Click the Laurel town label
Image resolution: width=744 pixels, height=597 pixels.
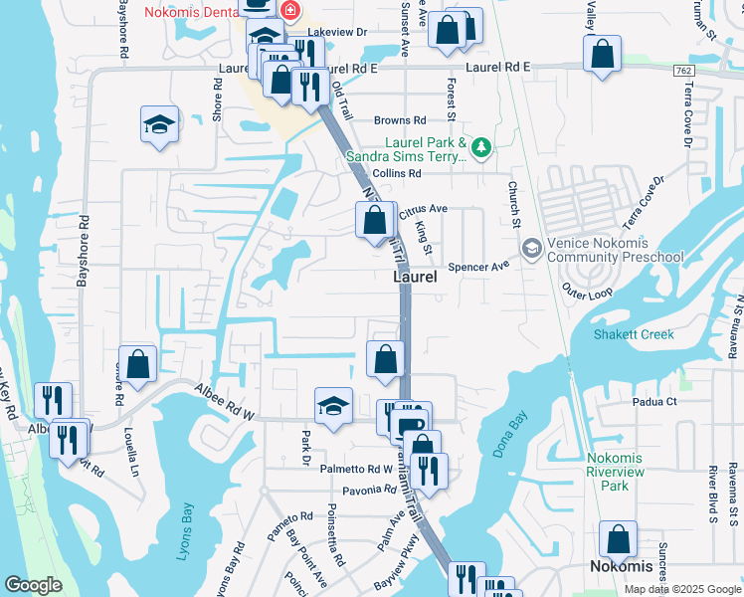pyautogui.click(x=414, y=278)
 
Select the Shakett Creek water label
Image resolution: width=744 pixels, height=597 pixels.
pyautogui.click(x=634, y=335)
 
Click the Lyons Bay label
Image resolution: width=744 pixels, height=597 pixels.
pyautogui.click(x=184, y=532)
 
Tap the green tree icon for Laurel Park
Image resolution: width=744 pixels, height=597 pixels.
pyautogui.click(x=482, y=147)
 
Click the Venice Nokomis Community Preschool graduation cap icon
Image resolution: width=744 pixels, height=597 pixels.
pyautogui.click(x=531, y=247)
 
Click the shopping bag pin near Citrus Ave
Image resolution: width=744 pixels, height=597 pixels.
pyautogui.click(x=375, y=220)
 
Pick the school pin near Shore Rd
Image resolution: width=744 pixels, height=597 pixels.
pyautogui.click(x=159, y=125)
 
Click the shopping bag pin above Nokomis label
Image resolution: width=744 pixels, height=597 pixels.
pyautogui.click(x=618, y=540)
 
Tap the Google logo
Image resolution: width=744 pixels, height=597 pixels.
pyautogui.click(x=34, y=585)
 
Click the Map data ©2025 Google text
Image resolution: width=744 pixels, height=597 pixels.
pyautogui.click(x=681, y=589)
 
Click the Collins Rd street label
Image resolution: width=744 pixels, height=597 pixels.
pyautogui.click(x=391, y=173)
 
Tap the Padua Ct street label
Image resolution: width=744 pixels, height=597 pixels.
pyautogui.click(x=654, y=402)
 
